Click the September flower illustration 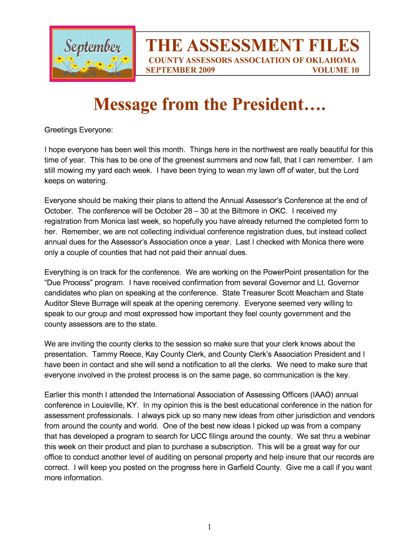pyautogui.click(x=92, y=54)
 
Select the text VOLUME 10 pyautogui.click(x=336, y=70)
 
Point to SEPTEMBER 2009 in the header pyautogui.click(x=181, y=70)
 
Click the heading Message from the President pyautogui.click(x=209, y=104)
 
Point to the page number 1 pyautogui.click(x=209, y=527)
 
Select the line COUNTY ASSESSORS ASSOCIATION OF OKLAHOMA pyautogui.click(x=252, y=60)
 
